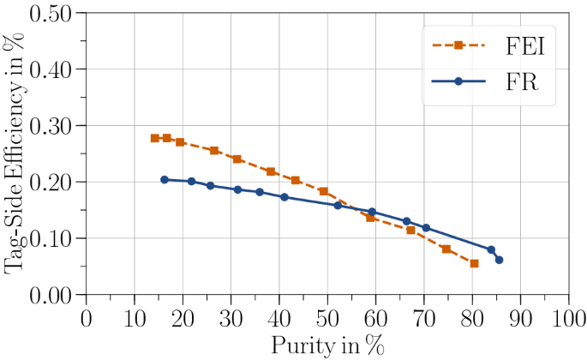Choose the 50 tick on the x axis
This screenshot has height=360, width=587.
click(327, 318)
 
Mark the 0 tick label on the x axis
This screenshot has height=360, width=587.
click(86, 318)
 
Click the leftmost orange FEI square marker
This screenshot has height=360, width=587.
click(154, 138)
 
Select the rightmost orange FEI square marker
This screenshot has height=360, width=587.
click(474, 263)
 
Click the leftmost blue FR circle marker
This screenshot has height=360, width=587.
click(165, 179)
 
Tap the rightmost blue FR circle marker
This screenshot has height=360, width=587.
click(499, 260)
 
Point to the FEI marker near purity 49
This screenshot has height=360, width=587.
click(323, 191)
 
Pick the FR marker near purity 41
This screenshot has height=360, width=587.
click(285, 197)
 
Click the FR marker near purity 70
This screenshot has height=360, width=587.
click(426, 228)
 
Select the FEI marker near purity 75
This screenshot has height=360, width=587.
click(446, 249)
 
